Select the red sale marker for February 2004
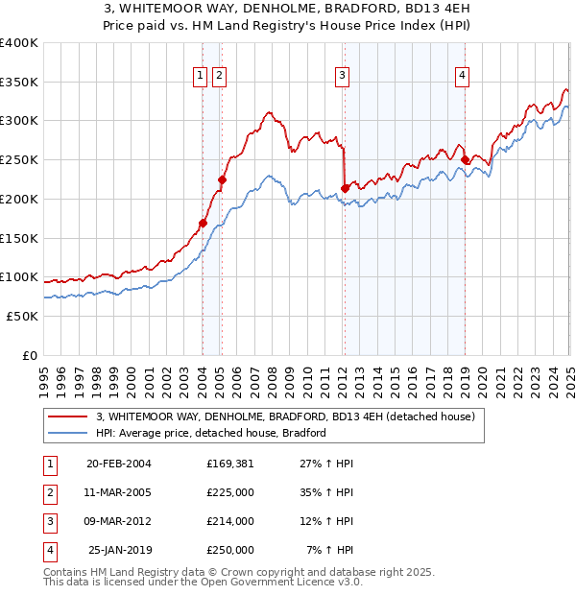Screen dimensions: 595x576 point(203,224)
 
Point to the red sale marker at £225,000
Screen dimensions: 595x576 point(222,179)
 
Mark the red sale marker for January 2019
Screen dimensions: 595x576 point(465,160)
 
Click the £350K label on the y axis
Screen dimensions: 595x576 point(19,83)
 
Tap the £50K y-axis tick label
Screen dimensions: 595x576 point(23,316)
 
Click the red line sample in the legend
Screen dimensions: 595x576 point(68,416)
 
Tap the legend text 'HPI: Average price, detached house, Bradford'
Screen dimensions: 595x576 point(211,433)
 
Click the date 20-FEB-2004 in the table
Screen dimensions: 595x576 point(118,464)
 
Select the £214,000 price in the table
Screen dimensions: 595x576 point(230,521)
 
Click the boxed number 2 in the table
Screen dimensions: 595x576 point(48,492)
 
